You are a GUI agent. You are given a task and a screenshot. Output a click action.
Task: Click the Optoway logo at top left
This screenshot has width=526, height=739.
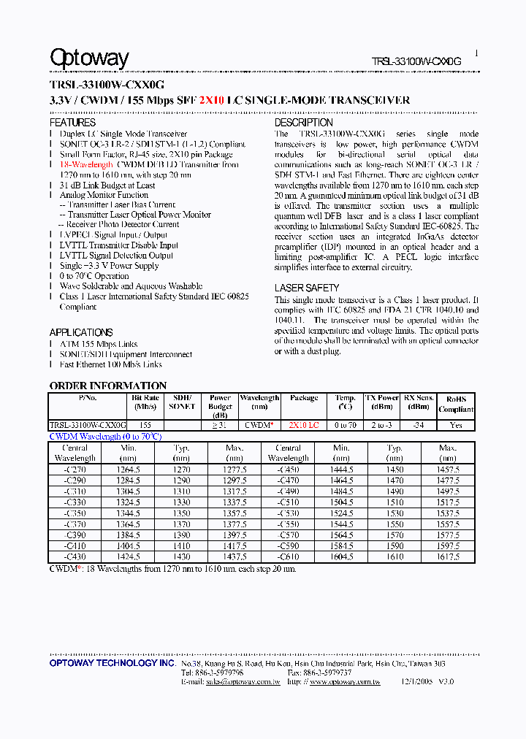pos(89,58)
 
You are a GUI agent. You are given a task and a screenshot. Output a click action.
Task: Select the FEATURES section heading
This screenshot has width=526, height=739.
pos(72,123)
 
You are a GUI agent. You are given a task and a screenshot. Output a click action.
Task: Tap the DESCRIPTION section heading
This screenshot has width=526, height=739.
pos(303,123)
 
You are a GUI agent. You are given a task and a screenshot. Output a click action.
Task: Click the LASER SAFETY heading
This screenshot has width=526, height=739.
pos(306,288)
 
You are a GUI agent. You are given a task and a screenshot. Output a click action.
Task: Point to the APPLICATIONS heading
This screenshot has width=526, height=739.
pos(81,332)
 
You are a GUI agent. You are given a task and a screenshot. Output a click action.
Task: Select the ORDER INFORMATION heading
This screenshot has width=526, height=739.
pos(108,386)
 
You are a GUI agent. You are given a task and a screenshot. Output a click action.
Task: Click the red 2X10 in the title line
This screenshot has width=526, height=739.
pos(210,101)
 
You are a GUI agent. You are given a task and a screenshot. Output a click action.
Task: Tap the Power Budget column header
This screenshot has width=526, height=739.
pos(220,406)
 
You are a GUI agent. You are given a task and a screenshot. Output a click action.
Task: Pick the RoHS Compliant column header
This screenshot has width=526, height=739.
pos(456,405)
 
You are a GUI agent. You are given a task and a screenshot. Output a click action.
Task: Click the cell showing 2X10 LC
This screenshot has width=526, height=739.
pos(303,425)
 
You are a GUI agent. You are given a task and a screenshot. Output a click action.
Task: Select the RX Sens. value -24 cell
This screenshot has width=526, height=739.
pos(418,425)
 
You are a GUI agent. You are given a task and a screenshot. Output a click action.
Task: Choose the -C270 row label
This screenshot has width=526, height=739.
pos(75,471)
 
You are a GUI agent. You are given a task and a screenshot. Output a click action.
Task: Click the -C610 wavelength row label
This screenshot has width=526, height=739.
pos(289,557)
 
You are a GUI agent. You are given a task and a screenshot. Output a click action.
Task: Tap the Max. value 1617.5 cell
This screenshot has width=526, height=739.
pos(448,557)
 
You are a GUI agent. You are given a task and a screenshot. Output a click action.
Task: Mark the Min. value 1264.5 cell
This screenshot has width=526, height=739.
pos(129,471)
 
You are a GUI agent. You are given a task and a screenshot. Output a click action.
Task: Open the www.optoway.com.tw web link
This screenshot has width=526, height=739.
pos(345,682)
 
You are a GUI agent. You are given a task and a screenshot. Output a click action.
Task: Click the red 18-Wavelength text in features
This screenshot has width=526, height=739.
pos(86,165)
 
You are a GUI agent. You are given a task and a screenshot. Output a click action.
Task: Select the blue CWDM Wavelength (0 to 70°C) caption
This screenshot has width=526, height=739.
pos(104,436)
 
